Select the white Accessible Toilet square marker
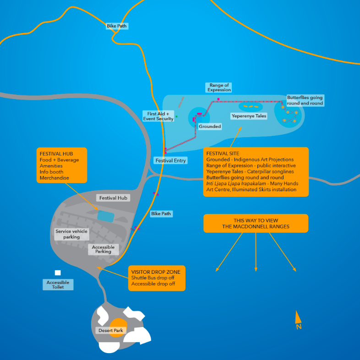pyautogui.click(x=58, y=273)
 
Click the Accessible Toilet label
pyautogui.click(x=58, y=285)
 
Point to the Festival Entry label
pyautogui.click(x=170, y=161)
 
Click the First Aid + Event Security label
pyautogui.click(x=158, y=116)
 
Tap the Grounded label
pyautogui.click(x=210, y=126)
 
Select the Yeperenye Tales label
pyautogui.click(x=249, y=116)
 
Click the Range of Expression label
pyautogui.click(x=219, y=88)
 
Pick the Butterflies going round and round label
pyautogui.click(x=305, y=100)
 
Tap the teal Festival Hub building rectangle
pyautogui.click(x=106, y=216)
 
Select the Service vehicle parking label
pyautogui.click(x=71, y=234)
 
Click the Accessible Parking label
pyautogui.click(x=104, y=249)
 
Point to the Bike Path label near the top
pyautogui.click(x=117, y=26)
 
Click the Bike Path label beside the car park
pyautogui.click(x=161, y=214)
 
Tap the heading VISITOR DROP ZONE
pyautogui.click(x=156, y=272)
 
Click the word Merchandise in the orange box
pyautogui.click(x=55, y=178)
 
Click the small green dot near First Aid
pyautogui.click(x=176, y=116)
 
